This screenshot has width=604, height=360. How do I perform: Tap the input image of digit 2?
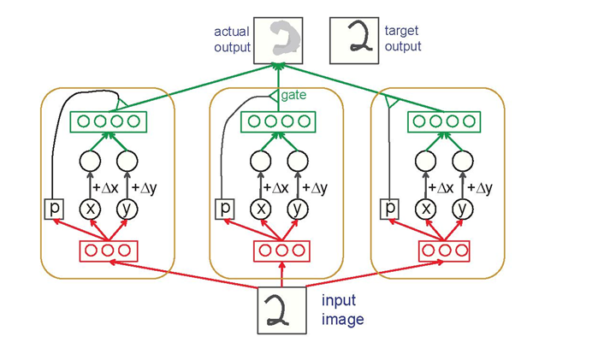[x=282, y=310]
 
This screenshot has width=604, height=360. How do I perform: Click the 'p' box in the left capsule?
[x=53, y=208]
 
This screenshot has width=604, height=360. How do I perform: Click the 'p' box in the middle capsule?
[x=225, y=208]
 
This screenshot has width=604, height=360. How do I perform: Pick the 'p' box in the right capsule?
[x=390, y=208]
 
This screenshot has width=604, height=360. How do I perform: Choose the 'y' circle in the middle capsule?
[x=298, y=208]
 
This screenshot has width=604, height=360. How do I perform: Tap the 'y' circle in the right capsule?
[x=463, y=208]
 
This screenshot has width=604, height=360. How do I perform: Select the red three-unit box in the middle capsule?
[x=281, y=251]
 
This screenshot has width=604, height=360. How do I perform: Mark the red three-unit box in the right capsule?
[x=444, y=251]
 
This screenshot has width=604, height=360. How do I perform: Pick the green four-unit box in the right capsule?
[x=443, y=121]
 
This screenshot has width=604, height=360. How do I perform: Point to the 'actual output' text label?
[x=232, y=39]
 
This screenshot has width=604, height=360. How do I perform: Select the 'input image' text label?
[x=343, y=310]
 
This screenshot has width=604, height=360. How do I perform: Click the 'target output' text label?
[x=403, y=38]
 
